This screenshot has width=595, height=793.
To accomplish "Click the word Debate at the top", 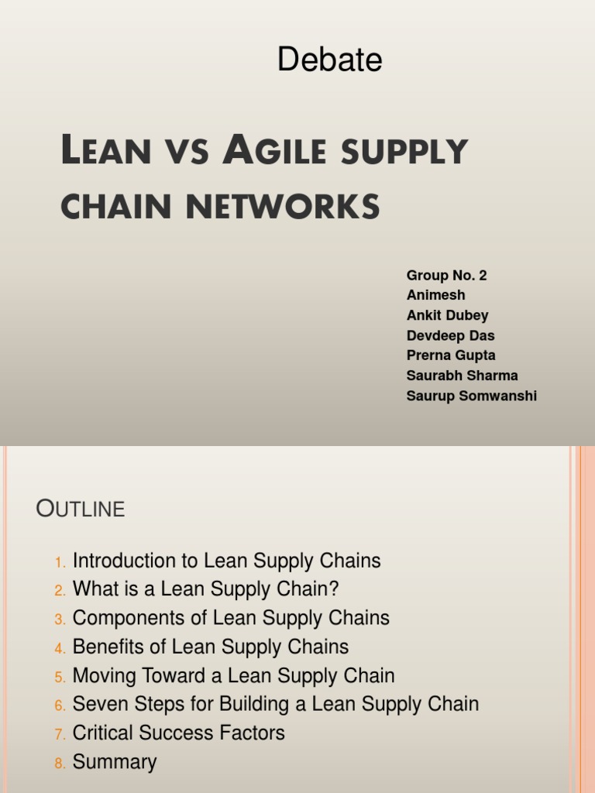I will tap(329, 60).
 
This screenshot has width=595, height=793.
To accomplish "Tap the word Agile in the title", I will tap(267, 151).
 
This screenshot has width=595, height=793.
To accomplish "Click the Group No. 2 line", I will tap(446, 276).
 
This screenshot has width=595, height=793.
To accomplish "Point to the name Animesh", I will tap(435, 296).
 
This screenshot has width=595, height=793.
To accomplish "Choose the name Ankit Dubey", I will tap(447, 316).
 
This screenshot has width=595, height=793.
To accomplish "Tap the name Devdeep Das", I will tap(450, 336).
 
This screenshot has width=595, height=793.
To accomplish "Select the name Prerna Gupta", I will tap(451, 355).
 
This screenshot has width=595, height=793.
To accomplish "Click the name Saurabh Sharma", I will tap(462, 376).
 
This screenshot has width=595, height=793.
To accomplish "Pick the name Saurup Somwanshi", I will tap(471, 396).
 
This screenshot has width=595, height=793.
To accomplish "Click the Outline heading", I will tap(81, 509).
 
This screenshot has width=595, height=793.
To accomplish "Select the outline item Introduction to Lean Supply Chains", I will tap(226, 561).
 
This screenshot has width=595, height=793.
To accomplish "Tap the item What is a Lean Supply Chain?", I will tap(205, 589).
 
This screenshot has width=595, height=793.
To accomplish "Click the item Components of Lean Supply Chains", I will tap(231, 618).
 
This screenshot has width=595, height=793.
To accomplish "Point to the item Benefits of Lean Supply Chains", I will tap(211, 647).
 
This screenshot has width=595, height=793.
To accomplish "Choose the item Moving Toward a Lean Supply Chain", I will tap(233, 675).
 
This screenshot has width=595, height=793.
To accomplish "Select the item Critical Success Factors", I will tap(178, 733).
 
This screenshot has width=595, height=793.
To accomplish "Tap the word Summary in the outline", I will tap(115, 761).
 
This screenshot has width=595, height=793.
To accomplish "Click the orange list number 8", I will tap(60, 763).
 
